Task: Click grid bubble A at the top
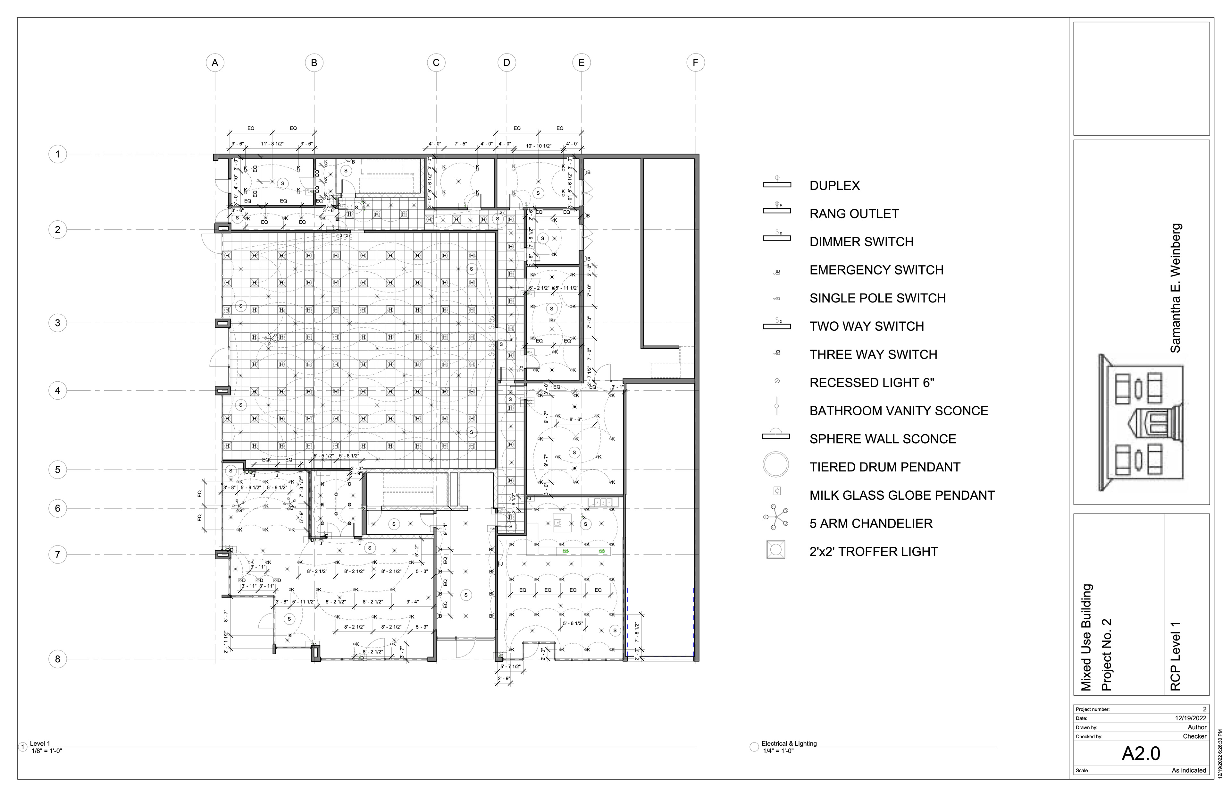215,63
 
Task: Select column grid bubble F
695,63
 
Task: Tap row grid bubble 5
57,470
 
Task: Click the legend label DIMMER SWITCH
861,242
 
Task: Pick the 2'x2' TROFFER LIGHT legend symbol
776,550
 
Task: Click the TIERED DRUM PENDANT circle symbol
776,465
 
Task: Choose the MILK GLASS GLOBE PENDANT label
901,495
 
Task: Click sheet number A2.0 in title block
1141,753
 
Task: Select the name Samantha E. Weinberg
1175,288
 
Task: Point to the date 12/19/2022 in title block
1191,718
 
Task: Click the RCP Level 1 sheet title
1175,656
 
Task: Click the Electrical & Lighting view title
789,744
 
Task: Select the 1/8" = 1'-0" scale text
46,751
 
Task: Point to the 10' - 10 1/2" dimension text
539,146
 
